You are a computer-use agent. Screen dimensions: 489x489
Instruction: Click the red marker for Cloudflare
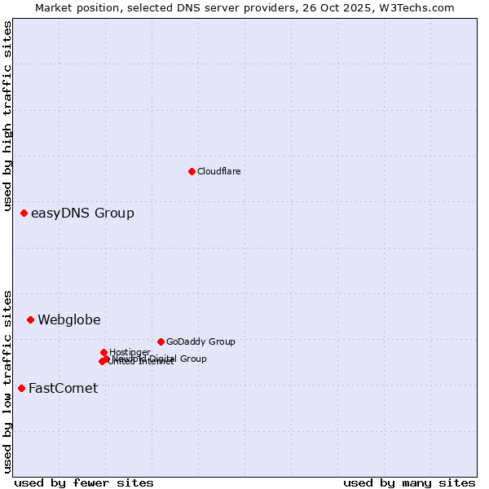coord(192,171)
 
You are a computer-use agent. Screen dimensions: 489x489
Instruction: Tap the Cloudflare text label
coord(218,171)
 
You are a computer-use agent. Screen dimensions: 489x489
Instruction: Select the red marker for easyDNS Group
coord(24,214)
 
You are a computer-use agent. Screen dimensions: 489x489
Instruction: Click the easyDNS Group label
coord(82,214)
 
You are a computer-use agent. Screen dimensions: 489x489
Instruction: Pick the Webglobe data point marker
coord(30,319)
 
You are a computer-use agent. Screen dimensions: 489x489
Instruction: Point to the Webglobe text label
coord(69,320)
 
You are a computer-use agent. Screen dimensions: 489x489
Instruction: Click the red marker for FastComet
coord(21,388)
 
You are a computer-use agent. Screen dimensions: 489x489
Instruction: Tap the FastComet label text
coord(63,389)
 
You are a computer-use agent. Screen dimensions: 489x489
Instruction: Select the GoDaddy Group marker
coord(161,341)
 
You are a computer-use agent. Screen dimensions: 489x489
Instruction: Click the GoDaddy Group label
coord(200,342)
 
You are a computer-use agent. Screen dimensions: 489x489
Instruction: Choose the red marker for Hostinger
coord(104,352)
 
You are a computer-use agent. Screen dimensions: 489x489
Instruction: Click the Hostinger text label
coord(130,353)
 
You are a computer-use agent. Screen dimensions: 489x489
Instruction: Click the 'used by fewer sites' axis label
coord(84,482)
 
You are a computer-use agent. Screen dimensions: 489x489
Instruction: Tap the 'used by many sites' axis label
coord(409,482)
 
